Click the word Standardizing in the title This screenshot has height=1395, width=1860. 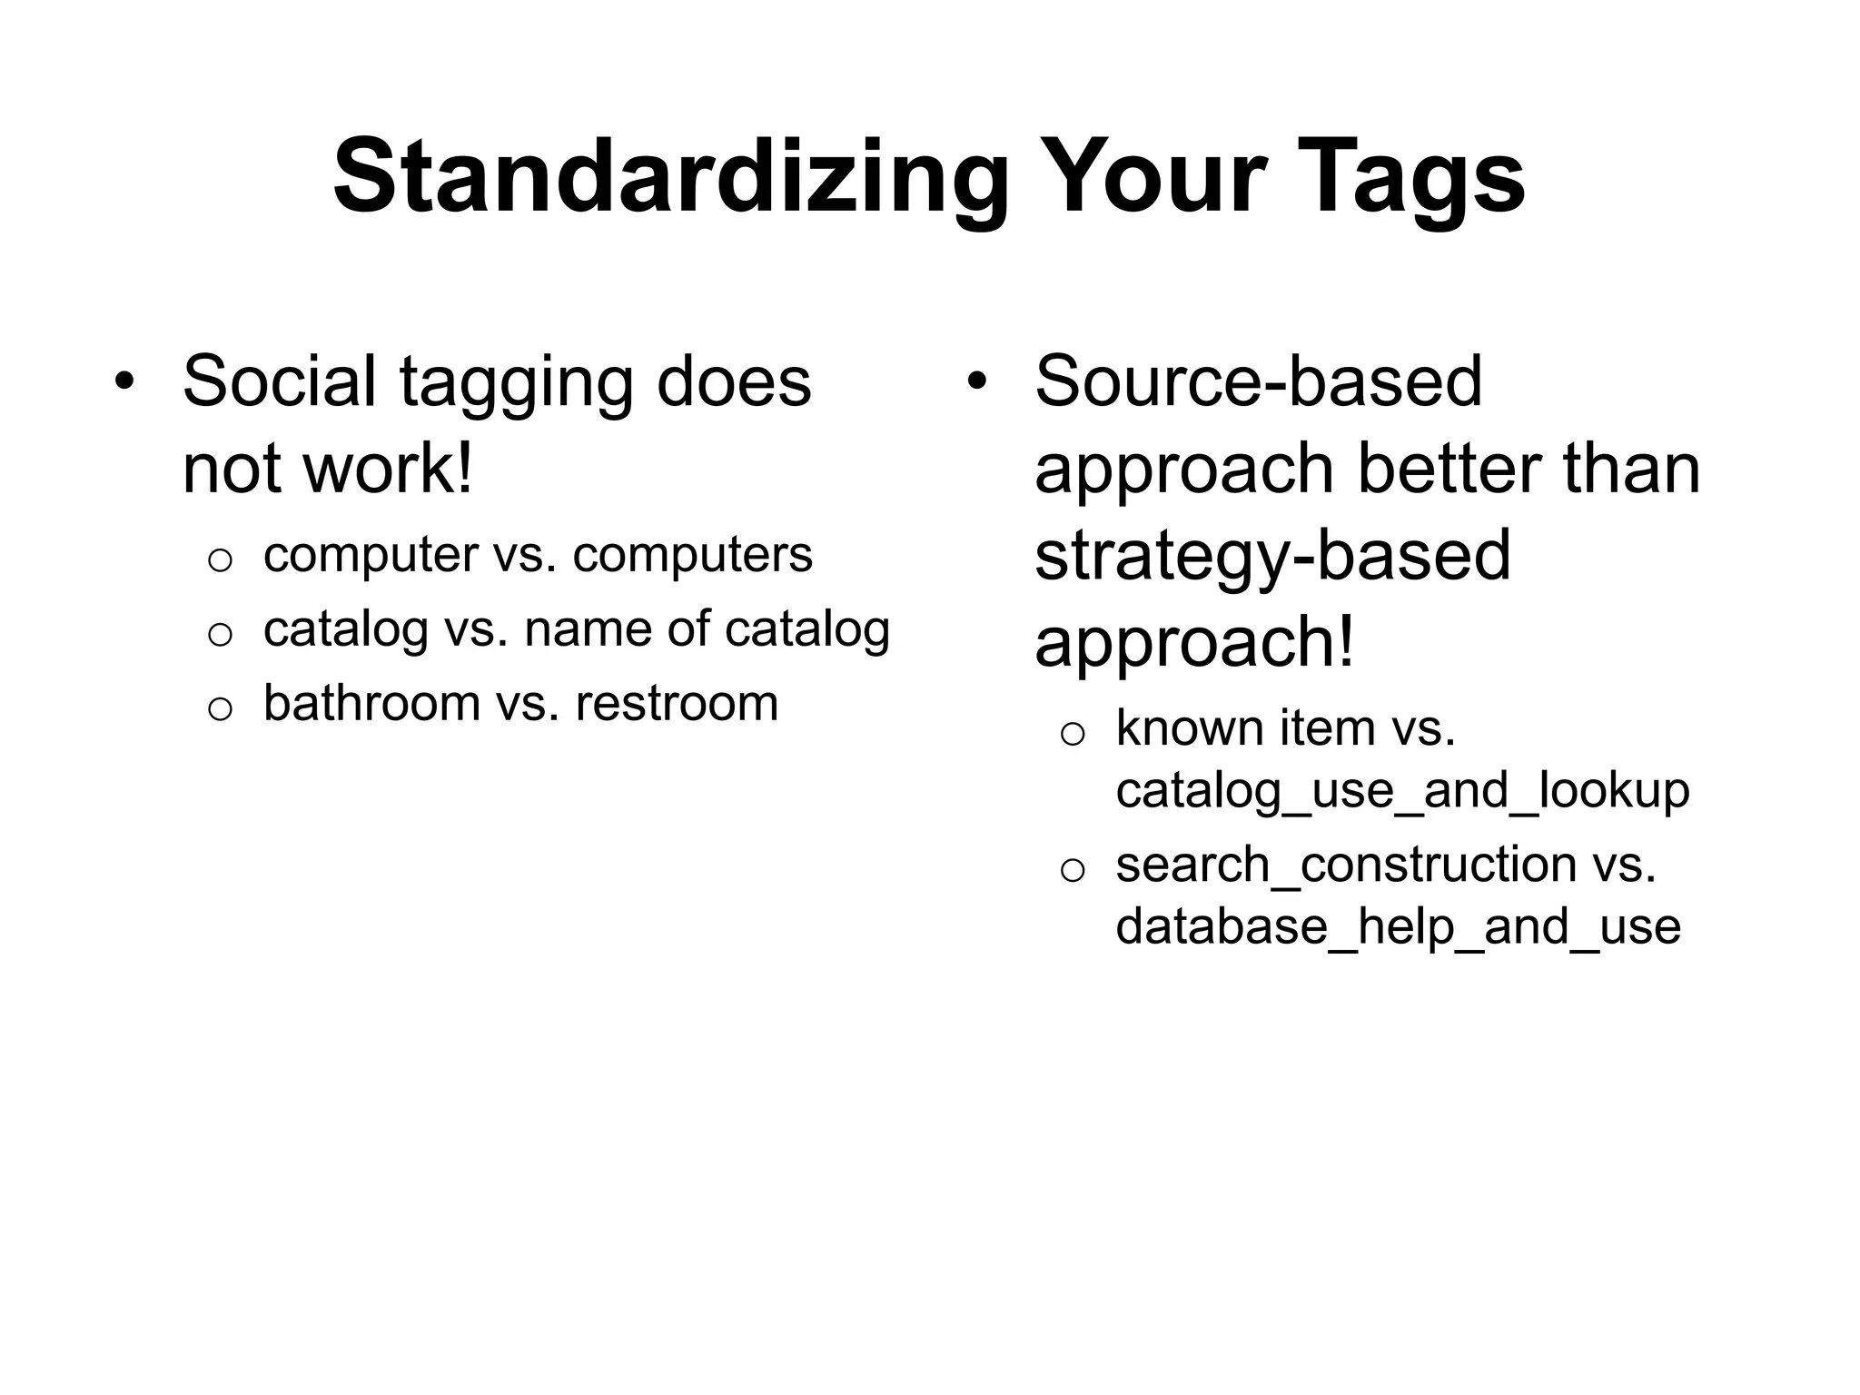[x=671, y=178]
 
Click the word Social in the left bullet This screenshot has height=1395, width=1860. [x=279, y=381]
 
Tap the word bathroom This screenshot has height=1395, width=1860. [x=371, y=703]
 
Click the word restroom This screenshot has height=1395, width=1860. [x=677, y=705]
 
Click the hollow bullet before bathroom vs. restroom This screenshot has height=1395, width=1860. [x=220, y=708]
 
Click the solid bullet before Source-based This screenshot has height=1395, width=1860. [x=976, y=382]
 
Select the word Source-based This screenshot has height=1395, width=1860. [x=1258, y=381]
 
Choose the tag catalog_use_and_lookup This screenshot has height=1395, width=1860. [x=1402, y=790]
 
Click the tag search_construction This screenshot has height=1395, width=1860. [x=1346, y=864]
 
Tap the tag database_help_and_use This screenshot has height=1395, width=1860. [x=1398, y=927]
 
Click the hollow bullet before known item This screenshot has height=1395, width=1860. [x=1073, y=734]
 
